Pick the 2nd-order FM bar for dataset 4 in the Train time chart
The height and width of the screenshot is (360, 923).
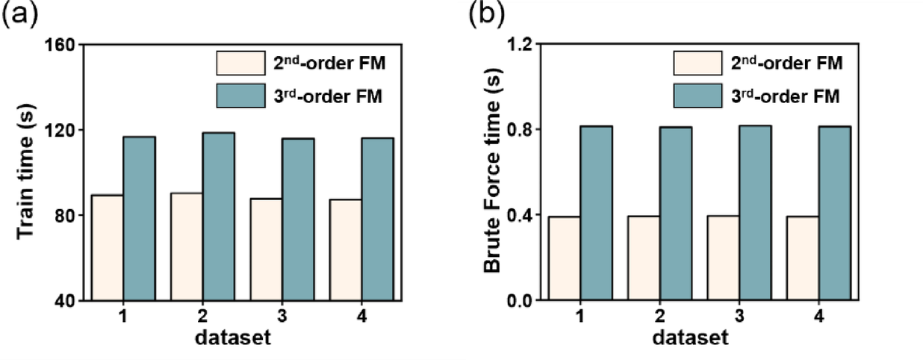coord(346,250)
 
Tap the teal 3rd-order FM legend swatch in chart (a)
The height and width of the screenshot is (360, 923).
coord(240,96)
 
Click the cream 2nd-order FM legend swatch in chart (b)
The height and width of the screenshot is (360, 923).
coord(697,63)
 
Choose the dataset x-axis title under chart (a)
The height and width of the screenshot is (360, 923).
coord(232,338)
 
